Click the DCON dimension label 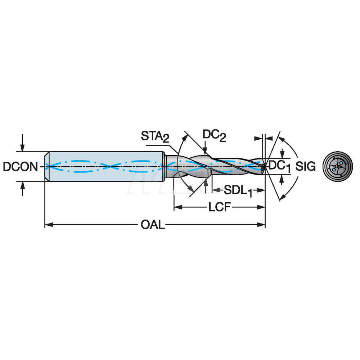(x=20, y=166)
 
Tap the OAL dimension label (x=153, y=225)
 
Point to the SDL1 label (x=237, y=190)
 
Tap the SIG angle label (x=306, y=166)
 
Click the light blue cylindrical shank (x=104, y=166)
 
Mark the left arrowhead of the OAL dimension (x=47, y=225)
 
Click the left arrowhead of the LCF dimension (x=176, y=207)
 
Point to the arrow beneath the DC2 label (x=205, y=149)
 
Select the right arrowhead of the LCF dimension (x=263, y=207)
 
